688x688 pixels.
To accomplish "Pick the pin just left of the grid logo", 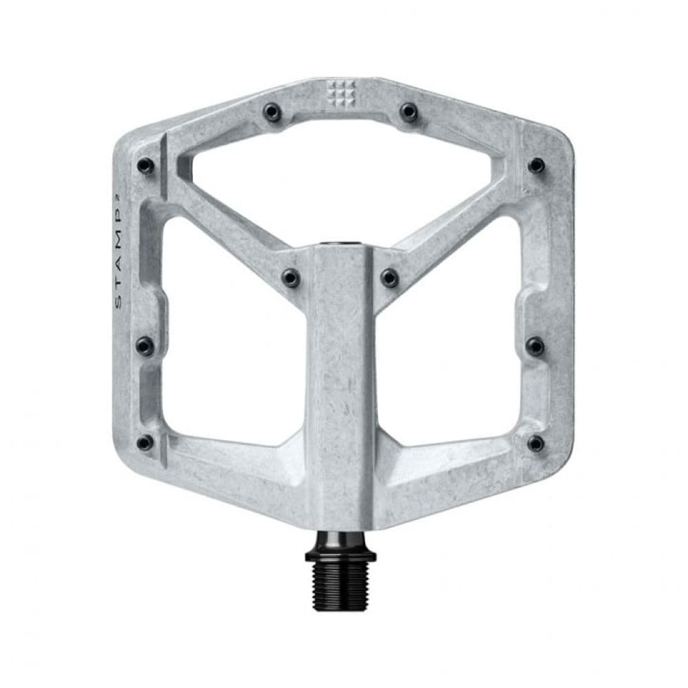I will (x=273, y=112).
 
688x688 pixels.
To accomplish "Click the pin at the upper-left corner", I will (x=145, y=165).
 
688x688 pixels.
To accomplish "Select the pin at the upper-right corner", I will (x=536, y=165).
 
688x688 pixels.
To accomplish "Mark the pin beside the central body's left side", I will (x=291, y=277).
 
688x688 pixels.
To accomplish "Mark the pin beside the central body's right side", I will (x=389, y=277).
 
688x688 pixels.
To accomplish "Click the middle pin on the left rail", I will (x=144, y=345).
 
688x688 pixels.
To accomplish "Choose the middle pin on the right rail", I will (x=535, y=345).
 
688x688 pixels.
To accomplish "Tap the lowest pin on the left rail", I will (x=144, y=442).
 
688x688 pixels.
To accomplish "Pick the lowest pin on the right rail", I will (x=535, y=443).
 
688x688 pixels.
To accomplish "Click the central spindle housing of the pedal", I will (x=341, y=385).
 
